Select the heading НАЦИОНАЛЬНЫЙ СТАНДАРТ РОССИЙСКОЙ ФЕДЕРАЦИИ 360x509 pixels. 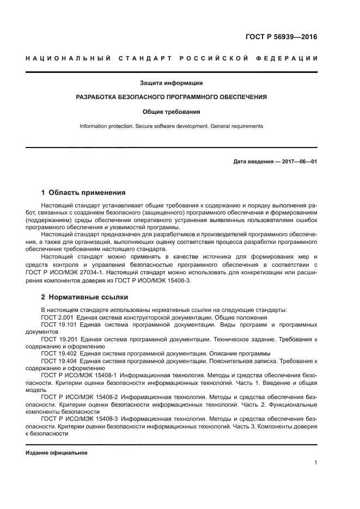[x=172, y=58]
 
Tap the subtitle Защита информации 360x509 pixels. [x=172, y=83]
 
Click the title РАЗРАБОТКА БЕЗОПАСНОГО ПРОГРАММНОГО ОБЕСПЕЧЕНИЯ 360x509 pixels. [x=172, y=97]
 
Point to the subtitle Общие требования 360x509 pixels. [x=172, y=112]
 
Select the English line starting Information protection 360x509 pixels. [x=172, y=126]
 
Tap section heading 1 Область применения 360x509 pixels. [x=83, y=192]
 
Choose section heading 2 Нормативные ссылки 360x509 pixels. [x=84, y=297]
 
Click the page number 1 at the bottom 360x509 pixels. [x=315, y=463]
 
